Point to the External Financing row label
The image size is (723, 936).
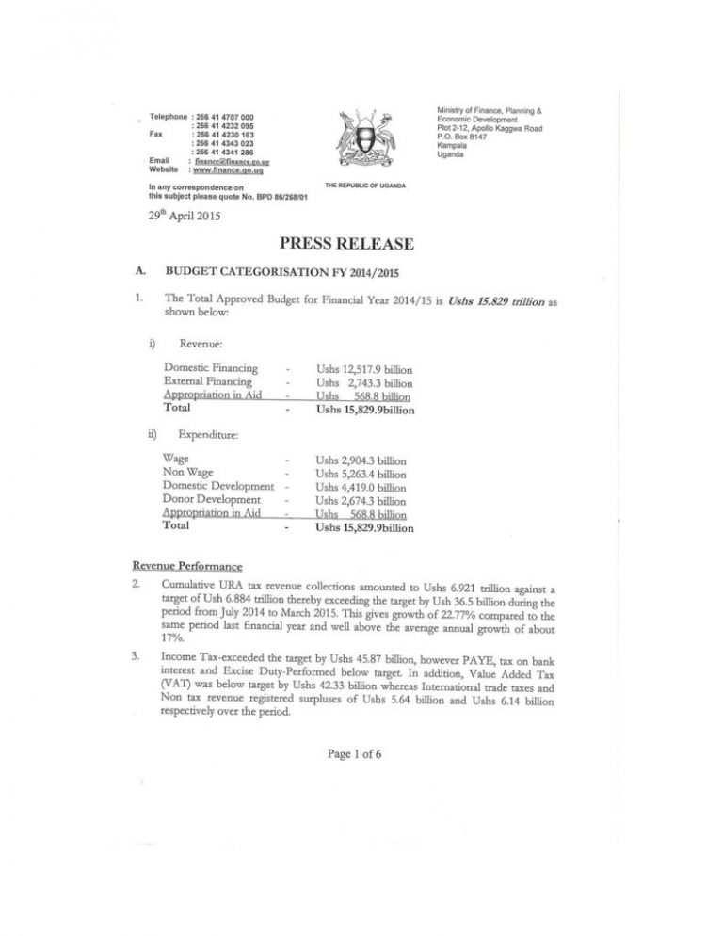point(208,381)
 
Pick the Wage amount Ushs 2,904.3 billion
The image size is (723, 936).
point(361,460)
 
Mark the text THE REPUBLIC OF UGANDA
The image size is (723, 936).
point(365,186)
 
